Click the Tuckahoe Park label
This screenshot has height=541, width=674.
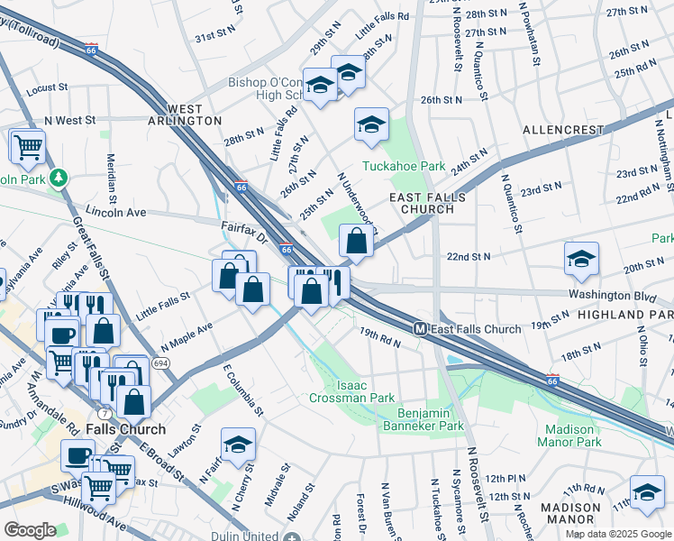(405, 166)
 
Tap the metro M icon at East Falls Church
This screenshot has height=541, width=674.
(420, 328)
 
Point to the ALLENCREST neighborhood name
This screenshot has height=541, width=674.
(563, 130)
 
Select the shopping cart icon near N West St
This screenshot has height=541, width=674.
(28, 144)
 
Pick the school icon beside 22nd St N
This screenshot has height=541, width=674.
(581, 258)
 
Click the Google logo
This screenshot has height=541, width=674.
(31, 529)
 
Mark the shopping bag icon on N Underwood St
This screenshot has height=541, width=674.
(357, 241)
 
